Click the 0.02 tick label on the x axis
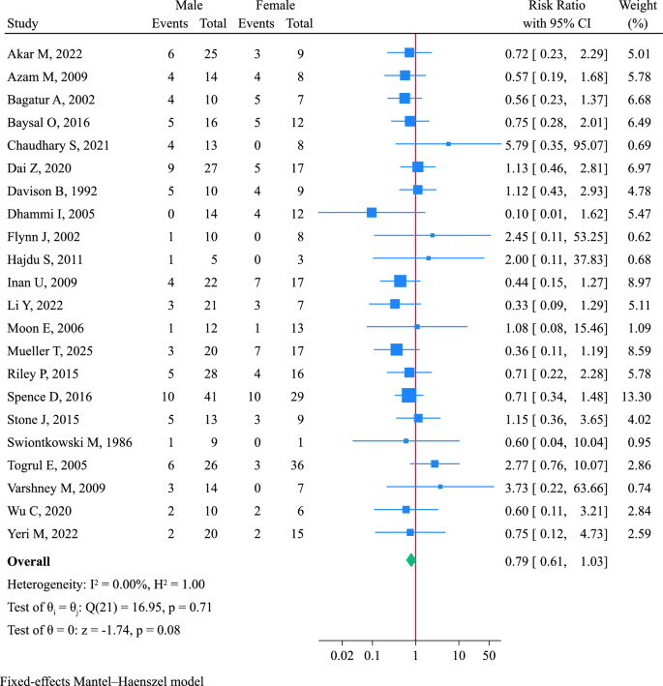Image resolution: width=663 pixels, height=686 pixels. [x=342, y=657]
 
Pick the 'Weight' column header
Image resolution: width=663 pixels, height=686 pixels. [x=636, y=8]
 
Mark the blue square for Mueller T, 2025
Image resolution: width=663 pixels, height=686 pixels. [x=396, y=375]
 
